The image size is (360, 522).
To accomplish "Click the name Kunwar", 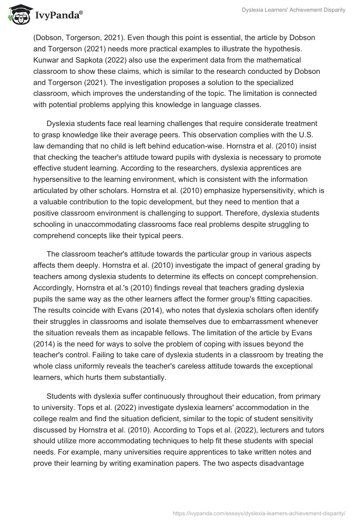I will point(45,60).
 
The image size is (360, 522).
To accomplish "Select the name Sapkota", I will point(92,60).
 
